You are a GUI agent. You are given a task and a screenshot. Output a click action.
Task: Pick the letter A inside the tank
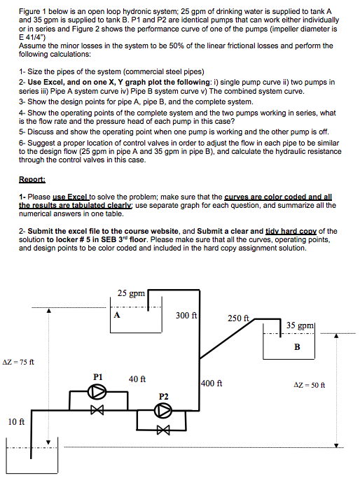click(x=116, y=314)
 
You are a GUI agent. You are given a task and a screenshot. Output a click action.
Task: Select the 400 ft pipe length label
click(x=212, y=384)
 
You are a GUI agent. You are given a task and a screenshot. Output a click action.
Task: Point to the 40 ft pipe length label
click(x=137, y=379)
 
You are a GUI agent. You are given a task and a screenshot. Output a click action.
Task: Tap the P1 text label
click(x=99, y=376)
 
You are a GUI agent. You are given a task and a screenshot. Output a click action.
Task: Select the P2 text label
click(x=164, y=396)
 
